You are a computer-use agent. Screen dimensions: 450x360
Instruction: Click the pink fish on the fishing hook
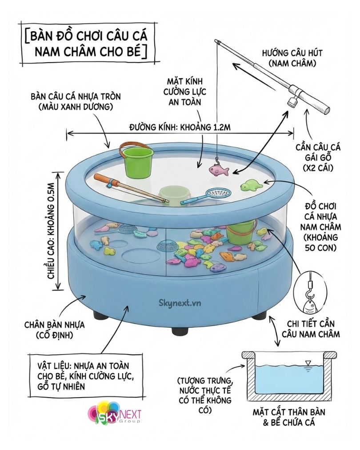point(219,170)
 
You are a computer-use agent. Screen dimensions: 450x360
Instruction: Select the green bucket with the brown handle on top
point(137,160)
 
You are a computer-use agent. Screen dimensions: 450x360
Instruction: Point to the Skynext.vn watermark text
point(180,303)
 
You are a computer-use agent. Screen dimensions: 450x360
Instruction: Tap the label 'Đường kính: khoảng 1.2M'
point(180,127)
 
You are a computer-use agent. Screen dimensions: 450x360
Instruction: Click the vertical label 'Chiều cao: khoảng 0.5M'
point(53,231)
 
